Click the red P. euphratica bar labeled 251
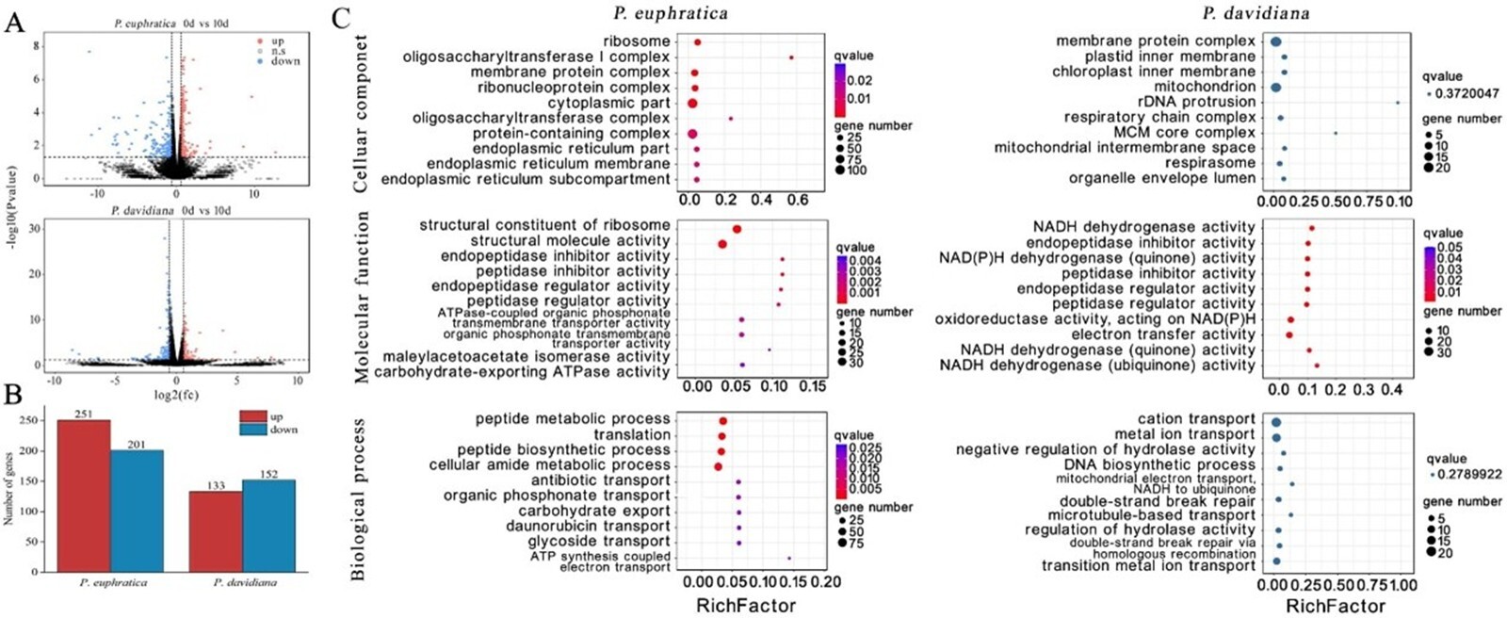84,496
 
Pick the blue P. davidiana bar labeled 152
268,526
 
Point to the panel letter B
13,395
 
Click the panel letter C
341,18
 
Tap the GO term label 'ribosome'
637,41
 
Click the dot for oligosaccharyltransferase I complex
791,57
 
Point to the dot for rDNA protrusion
1398,103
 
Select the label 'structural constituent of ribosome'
544,225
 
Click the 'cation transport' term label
1196,419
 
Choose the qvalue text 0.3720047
1466,93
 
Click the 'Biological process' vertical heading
359,499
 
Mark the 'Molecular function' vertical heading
362,297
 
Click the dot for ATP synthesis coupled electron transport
789,559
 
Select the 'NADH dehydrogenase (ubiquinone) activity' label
1096,366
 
